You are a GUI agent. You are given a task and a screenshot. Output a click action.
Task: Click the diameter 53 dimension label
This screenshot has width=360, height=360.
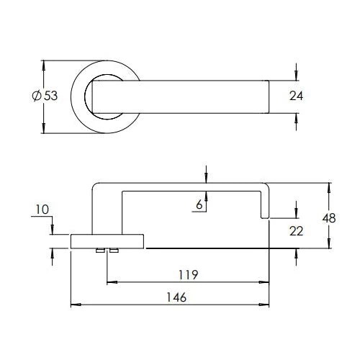tap(45, 96)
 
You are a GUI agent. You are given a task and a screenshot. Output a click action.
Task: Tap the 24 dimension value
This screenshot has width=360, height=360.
tap(296, 96)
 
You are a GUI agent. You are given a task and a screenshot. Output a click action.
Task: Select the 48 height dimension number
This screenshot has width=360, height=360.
tap(329, 218)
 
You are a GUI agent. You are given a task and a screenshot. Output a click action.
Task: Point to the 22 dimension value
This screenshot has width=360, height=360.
tap(296, 231)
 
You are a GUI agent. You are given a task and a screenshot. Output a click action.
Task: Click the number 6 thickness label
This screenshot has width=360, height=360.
tap(199, 204)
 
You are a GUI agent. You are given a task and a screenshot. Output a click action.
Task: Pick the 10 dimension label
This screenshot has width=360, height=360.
tap(42, 210)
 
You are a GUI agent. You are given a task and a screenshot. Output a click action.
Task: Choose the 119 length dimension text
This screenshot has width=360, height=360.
tap(189, 275)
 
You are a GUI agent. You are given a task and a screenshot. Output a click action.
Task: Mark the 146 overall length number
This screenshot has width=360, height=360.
tap(176, 297)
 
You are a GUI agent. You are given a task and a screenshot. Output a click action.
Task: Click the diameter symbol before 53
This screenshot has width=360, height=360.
tap(37, 96)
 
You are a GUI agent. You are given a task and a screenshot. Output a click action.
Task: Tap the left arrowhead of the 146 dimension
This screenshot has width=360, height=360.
tap(76, 305)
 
